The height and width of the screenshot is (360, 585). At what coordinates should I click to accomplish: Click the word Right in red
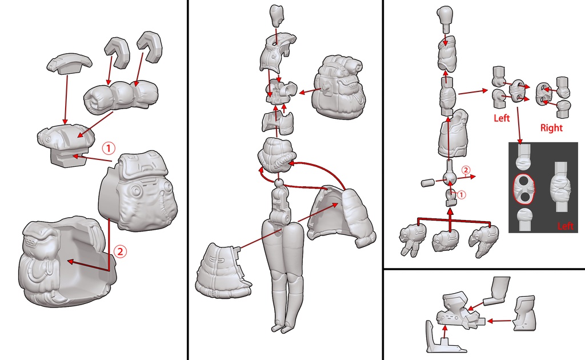pyautogui.click(x=551, y=128)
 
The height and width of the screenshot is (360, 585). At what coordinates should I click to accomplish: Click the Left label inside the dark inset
pyautogui.click(x=565, y=226)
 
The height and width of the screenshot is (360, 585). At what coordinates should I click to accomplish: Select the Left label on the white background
pyautogui.click(x=502, y=118)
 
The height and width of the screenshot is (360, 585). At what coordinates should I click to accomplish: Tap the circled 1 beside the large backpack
pyautogui.click(x=108, y=149)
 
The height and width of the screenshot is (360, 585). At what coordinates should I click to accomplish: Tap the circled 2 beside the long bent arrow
pyautogui.click(x=120, y=251)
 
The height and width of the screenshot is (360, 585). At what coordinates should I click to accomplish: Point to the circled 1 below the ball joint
pyautogui.click(x=462, y=194)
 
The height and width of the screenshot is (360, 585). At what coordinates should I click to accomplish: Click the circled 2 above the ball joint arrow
pyautogui.click(x=466, y=170)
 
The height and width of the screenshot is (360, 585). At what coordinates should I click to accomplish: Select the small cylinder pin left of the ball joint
pyautogui.click(x=428, y=183)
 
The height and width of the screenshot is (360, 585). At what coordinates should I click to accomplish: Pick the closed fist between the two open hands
pyautogui.click(x=446, y=240)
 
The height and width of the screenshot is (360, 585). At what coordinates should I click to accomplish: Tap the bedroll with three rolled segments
pyautogui.click(x=120, y=95)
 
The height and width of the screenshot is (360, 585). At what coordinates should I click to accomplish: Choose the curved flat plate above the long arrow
pyautogui.click(x=69, y=63)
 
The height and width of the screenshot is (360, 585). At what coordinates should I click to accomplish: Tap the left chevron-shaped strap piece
pyautogui.click(x=117, y=52)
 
